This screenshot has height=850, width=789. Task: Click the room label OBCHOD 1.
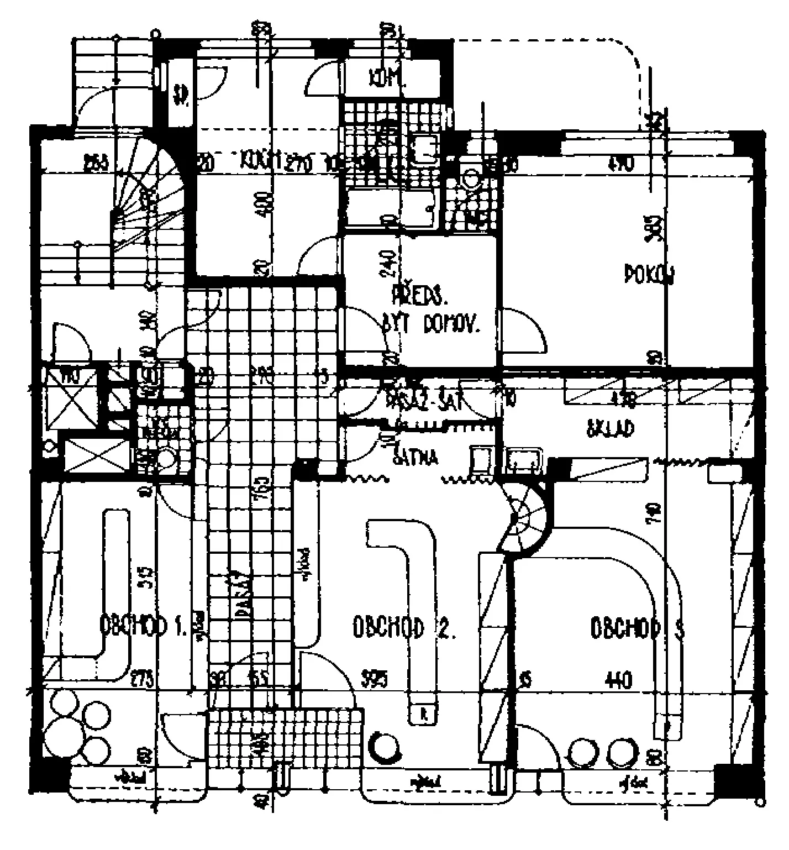tap(143, 626)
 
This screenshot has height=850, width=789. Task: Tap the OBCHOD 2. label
tap(404, 627)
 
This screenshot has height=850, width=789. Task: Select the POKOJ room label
tap(649, 274)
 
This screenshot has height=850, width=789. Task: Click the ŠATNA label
tap(415, 458)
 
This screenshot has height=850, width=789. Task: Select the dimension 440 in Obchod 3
tap(619, 680)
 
